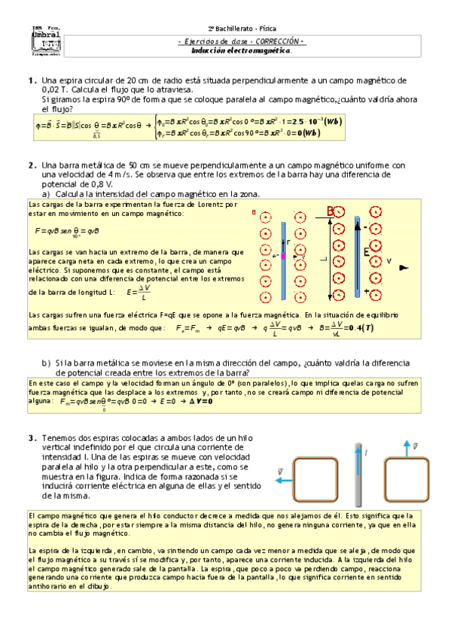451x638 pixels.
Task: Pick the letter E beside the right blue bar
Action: click(367, 252)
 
